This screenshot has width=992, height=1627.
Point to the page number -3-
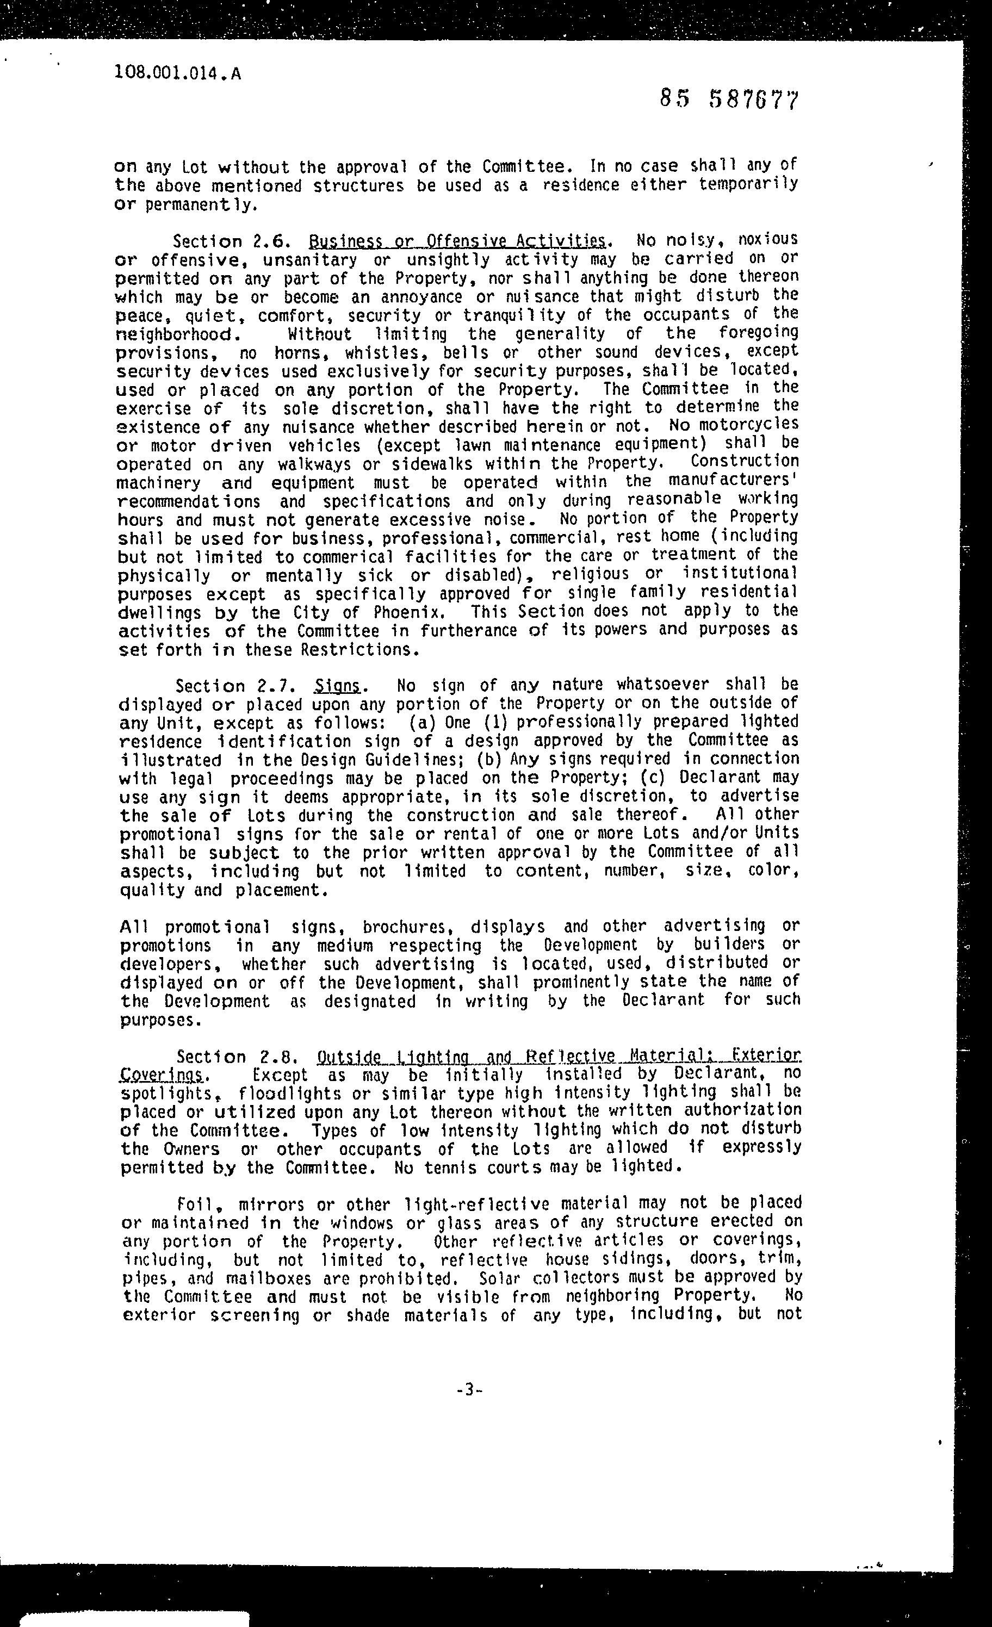pos(469,1390)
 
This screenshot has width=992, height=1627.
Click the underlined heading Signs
pos(338,686)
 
